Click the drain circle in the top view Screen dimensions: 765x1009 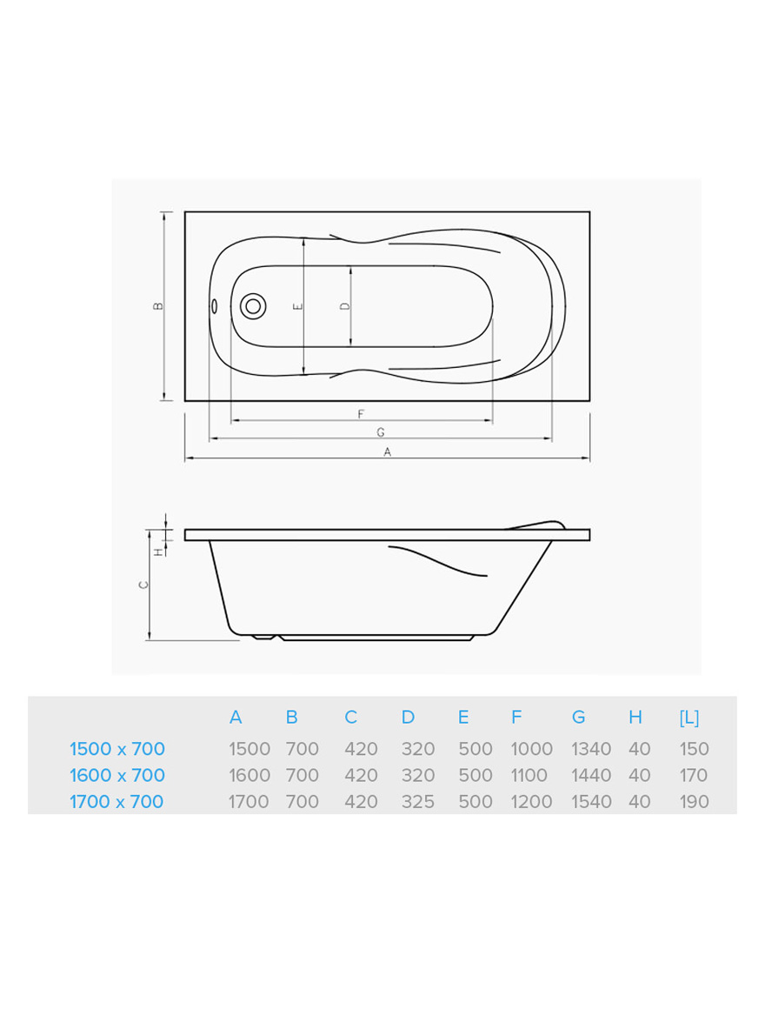(253, 306)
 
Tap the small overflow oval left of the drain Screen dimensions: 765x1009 (214, 305)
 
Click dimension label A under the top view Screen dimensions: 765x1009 (387, 451)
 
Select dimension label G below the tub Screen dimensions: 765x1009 (381, 432)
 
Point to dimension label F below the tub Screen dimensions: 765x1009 (361, 414)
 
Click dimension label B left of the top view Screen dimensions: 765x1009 (158, 305)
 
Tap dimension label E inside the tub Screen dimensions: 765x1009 (297, 306)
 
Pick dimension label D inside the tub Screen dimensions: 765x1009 (344, 306)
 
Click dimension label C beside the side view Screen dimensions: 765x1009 (144, 585)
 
